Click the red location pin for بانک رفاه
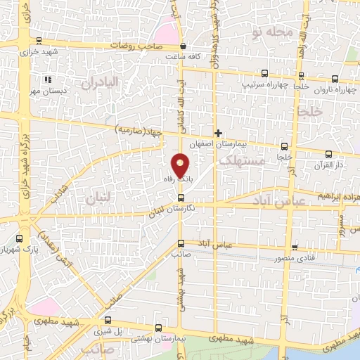(x=181, y=165)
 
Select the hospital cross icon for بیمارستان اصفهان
(x=219, y=132)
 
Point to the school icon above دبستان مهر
(x=48, y=79)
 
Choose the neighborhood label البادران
(x=101, y=83)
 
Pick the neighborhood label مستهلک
(x=241, y=161)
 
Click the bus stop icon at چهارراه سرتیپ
(x=264, y=72)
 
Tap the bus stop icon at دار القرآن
(x=328, y=154)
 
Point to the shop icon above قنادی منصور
(x=295, y=247)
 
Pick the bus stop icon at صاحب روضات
(x=181, y=46)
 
